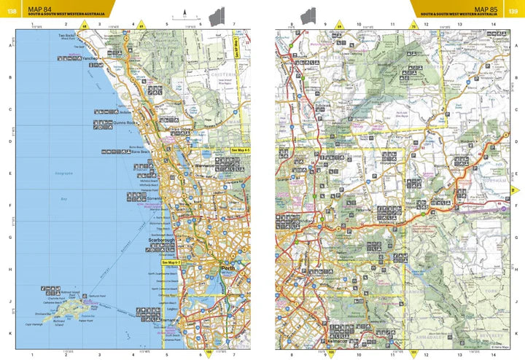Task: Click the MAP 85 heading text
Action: click(484, 8)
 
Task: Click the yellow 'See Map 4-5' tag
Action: click(240, 150)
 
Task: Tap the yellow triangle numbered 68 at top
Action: click(85, 26)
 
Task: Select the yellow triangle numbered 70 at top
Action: click(413, 26)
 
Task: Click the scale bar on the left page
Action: click(185, 16)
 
